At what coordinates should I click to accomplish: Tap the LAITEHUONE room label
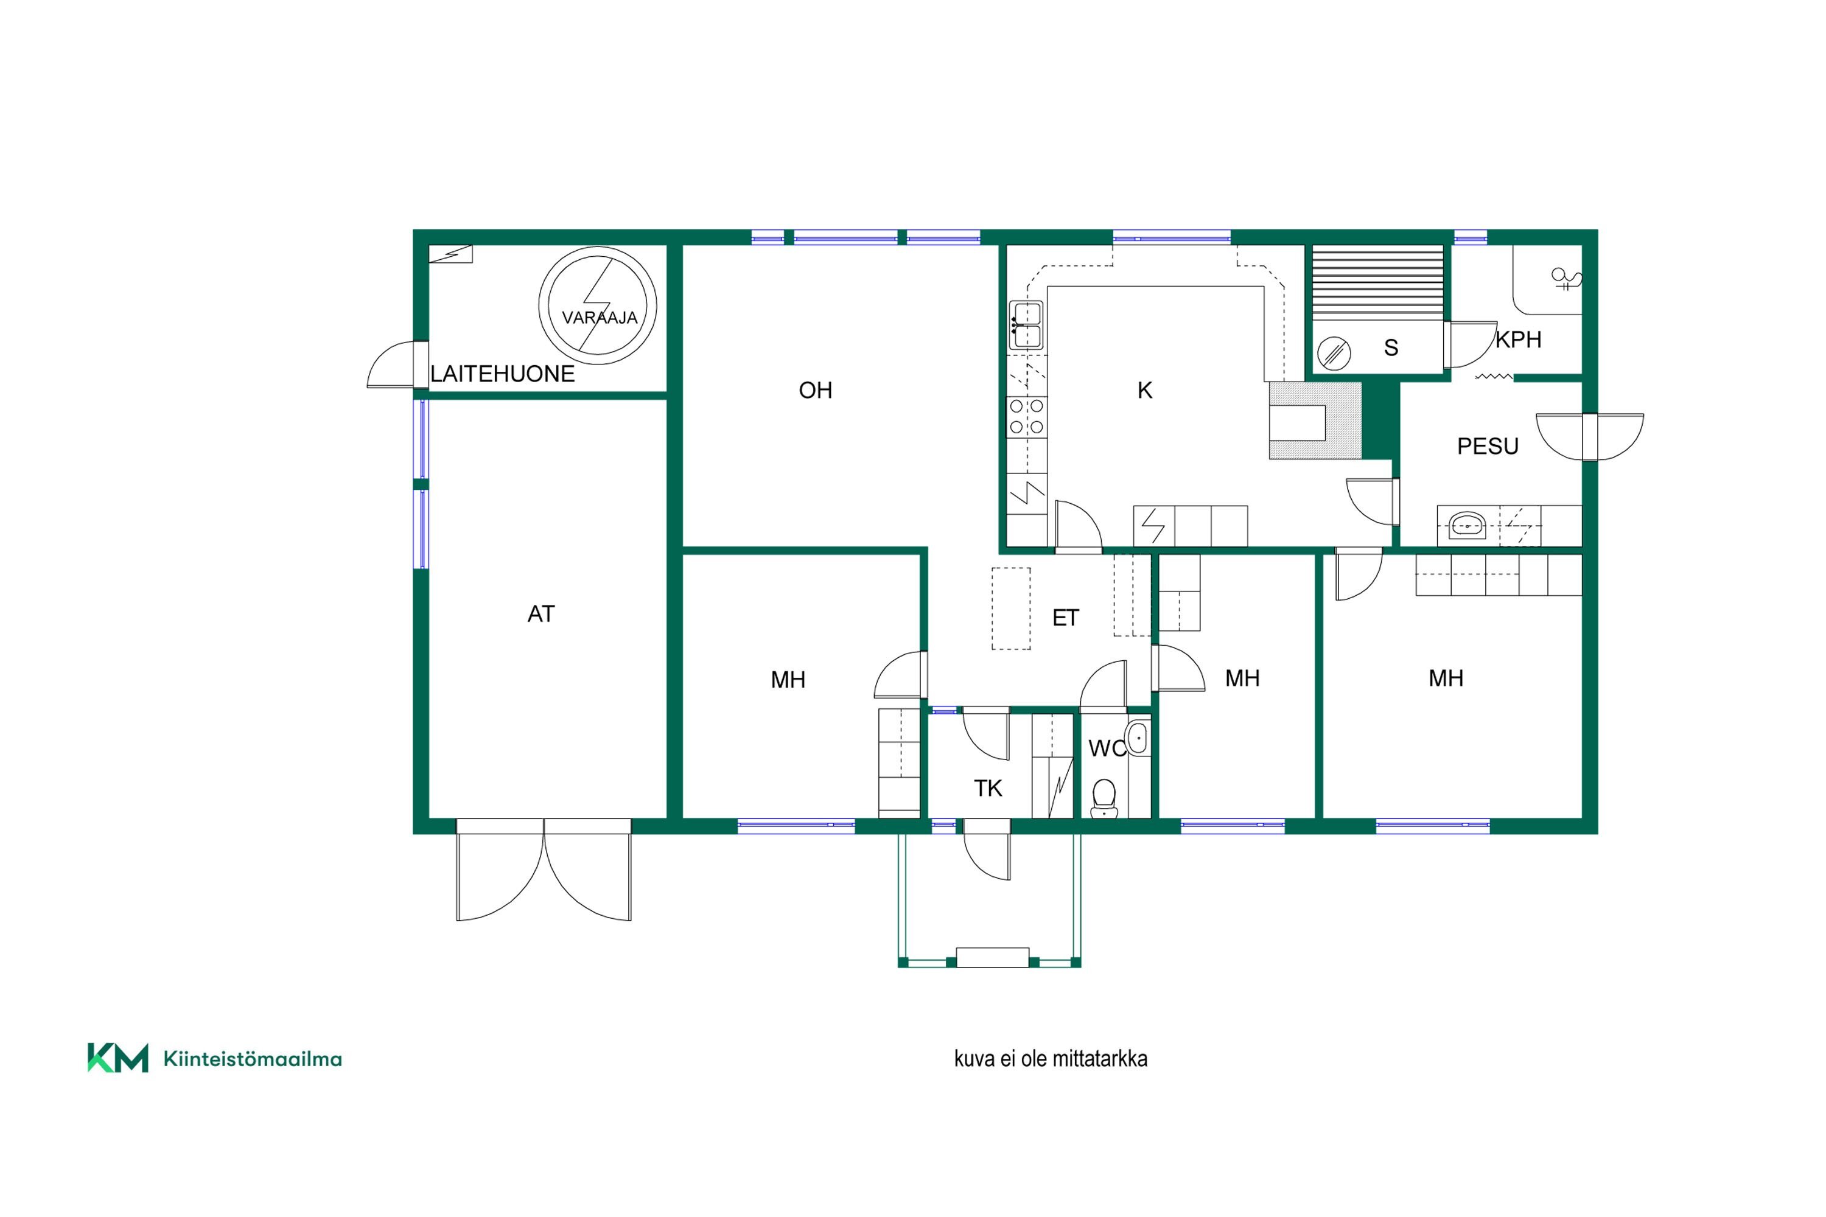click(502, 374)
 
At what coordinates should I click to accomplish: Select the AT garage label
click(541, 614)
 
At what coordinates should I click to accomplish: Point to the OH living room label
click(815, 391)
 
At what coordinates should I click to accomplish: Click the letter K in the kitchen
click(1144, 391)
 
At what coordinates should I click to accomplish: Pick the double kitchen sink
click(1026, 325)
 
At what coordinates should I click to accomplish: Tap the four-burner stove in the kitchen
click(1026, 417)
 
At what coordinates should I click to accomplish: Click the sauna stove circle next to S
click(1334, 353)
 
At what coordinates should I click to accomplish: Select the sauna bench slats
click(1377, 281)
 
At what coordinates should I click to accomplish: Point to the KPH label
click(1519, 340)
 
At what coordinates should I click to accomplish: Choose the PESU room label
click(1488, 446)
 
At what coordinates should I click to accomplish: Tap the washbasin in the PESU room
click(1467, 526)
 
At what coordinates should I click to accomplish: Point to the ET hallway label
click(1065, 618)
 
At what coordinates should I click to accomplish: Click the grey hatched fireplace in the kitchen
click(1315, 420)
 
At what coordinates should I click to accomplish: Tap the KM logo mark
click(117, 1058)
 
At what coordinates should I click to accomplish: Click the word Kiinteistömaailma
click(253, 1059)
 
